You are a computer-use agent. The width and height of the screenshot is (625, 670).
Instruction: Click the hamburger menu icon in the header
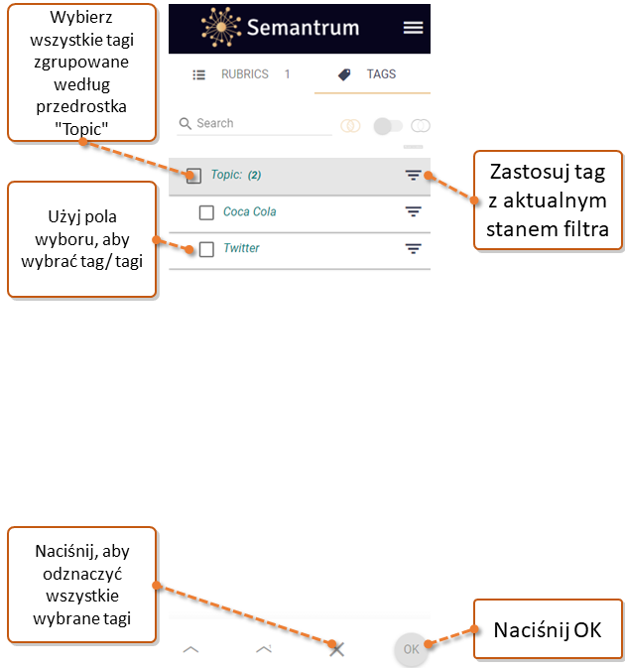click(413, 28)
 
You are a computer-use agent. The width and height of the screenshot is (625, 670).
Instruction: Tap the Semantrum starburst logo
click(221, 27)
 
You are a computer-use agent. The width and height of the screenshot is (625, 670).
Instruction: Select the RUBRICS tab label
click(245, 74)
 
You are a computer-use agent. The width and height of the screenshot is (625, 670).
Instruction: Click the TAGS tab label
click(381, 74)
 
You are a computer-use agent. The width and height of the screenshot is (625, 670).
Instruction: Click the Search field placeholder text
click(215, 123)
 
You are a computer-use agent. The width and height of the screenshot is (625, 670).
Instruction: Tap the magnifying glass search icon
click(185, 123)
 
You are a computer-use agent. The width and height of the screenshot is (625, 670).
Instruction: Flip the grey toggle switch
click(388, 126)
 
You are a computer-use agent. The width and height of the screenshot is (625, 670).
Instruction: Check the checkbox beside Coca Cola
click(206, 212)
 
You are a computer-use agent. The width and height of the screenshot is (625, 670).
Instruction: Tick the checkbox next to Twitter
click(206, 249)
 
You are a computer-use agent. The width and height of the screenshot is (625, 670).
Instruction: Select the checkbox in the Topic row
click(194, 176)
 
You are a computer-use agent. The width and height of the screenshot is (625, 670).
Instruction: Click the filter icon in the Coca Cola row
click(413, 211)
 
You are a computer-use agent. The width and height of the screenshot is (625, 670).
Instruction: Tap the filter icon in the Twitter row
click(413, 248)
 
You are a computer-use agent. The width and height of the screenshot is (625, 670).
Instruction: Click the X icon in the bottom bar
click(337, 649)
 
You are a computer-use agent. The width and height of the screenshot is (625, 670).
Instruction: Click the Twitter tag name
click(241, 248)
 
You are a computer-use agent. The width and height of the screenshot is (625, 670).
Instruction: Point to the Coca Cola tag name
click(249, 211)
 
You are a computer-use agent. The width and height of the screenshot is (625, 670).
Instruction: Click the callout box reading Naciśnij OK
click(548, 629)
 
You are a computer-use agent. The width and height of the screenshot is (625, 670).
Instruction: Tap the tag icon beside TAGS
click(344, 74)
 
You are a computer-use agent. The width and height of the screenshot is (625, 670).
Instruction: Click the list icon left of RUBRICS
click(199, 75)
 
